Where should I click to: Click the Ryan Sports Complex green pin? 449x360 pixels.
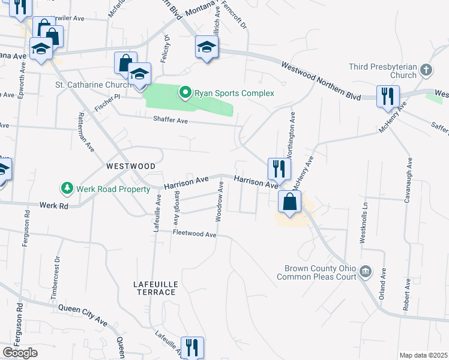point(185,92)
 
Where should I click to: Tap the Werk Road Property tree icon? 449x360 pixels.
point(67,189)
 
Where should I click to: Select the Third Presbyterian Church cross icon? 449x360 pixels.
point(426,69)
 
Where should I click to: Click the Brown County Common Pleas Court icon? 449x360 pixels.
point(365,273)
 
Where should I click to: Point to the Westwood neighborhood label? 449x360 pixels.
point(131,166)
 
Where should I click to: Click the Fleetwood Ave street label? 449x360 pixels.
point(194,234)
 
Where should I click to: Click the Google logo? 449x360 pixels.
point(20,353)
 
